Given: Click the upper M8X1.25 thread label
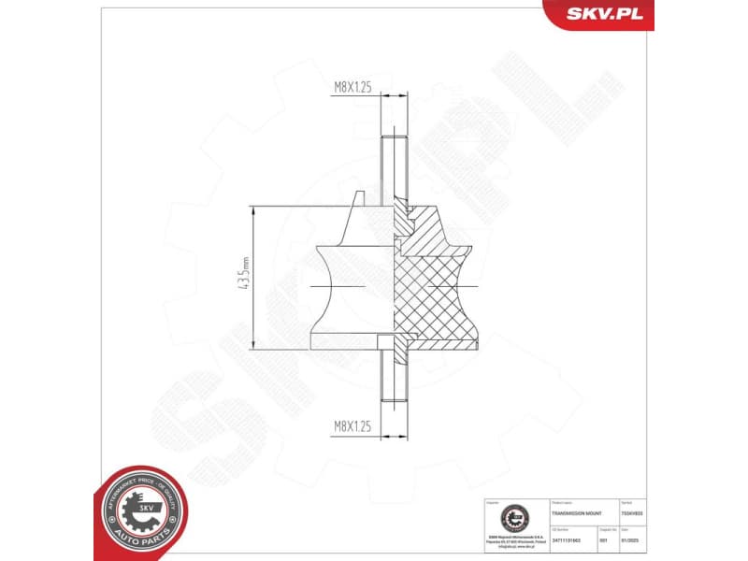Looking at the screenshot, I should (x=353, y=85).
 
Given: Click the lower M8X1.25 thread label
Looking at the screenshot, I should (x=353, y=425).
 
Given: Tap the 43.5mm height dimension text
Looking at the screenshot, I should (x=245, y=279).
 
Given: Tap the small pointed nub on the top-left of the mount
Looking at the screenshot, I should (x=358, y=198).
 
